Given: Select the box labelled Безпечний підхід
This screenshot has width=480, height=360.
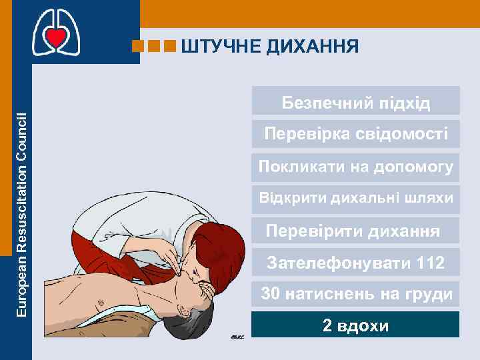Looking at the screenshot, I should click(x=356, y=103).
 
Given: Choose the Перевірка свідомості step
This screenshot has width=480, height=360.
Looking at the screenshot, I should click(x=356, y=135).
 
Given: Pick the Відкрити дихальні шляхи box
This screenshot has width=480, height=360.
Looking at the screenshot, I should click(x=356, y=198).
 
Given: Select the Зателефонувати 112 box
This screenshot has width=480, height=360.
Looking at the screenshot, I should click(x=356, y=263).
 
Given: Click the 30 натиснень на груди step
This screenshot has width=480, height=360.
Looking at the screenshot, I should click(x=356, y=293).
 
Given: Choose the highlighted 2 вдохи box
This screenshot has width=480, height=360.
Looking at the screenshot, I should click(x=356, y=326).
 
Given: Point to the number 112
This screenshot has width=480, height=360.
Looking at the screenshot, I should click(x=429, y=263).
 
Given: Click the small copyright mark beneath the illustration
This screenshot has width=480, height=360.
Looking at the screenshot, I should click(x=237, y=337).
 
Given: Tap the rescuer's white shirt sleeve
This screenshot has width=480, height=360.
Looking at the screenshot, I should click(x=133, y=213).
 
